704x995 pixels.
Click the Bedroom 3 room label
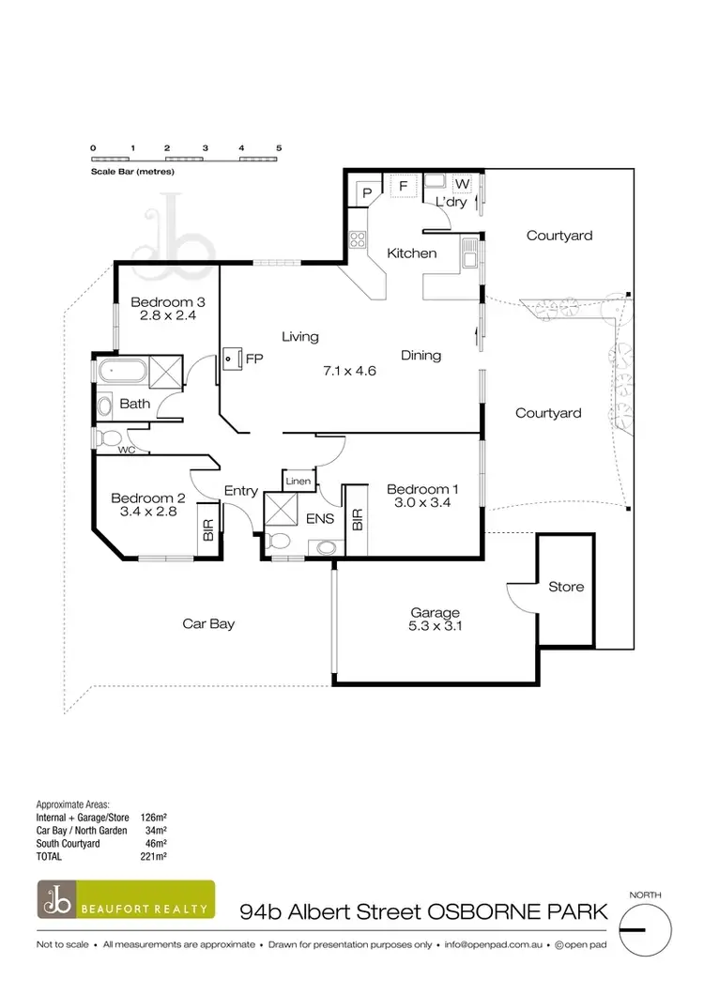(167, 302)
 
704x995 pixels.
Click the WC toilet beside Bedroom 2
(107, 437)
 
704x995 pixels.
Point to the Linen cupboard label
(298, 481)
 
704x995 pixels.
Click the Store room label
(566, 587)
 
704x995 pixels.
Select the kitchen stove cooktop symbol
(358, 238)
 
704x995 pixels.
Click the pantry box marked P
(367, 191)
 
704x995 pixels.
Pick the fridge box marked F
(403, 186)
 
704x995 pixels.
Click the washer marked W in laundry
(463, 184)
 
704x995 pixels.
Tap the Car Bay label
(208, 623)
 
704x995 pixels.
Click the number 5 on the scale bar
(279, 148)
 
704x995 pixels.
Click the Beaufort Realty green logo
(125, 899)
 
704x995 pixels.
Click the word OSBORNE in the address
(482, 911)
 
